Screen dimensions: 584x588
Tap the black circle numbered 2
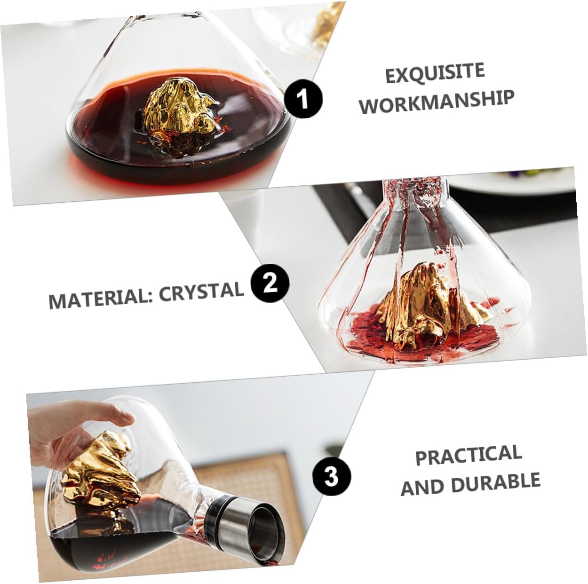(270, 284)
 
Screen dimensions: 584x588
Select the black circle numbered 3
(332, 476)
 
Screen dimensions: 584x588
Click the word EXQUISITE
(435, 73)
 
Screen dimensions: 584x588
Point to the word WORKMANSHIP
(437, 102)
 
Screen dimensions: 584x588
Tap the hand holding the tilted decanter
(85, 428)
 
